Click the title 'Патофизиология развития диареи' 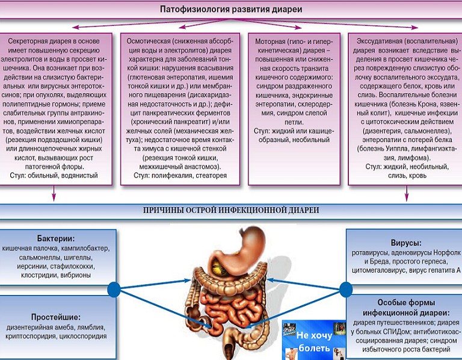[231, 10]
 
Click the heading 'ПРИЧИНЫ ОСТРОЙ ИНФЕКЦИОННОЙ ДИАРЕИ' [231, 210]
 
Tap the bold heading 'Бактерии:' [56, 238]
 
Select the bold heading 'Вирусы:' [406, 243]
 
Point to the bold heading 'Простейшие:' [56, 317]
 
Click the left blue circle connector [114, 289]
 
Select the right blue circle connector [346, 289]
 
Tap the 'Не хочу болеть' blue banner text [314, 341]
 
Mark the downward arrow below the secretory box [54, 193]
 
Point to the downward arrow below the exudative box [407, 193]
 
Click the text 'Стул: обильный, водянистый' [54, 176]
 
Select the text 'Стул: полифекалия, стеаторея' [180, 176]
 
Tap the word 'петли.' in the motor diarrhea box [294, 122]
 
